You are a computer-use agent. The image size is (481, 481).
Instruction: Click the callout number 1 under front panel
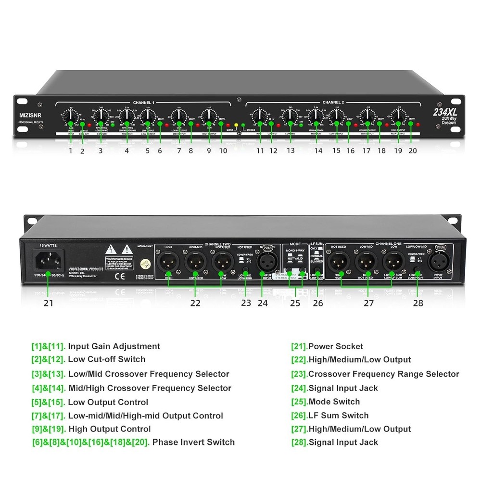[70, 151]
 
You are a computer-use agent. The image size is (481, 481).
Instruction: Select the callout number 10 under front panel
[222, 151]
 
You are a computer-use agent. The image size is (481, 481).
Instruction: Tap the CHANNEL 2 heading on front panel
[333, 103]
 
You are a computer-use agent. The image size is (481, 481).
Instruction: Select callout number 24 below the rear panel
[263, 303]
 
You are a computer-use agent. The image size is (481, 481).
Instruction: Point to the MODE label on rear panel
[295, 244]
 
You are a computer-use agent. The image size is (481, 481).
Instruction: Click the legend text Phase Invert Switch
[193, 442]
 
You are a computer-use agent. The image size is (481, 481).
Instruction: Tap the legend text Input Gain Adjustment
[114, 346]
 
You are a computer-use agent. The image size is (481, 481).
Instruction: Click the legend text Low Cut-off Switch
[106, 359]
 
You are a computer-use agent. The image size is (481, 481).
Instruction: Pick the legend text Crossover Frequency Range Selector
[383, 374]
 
